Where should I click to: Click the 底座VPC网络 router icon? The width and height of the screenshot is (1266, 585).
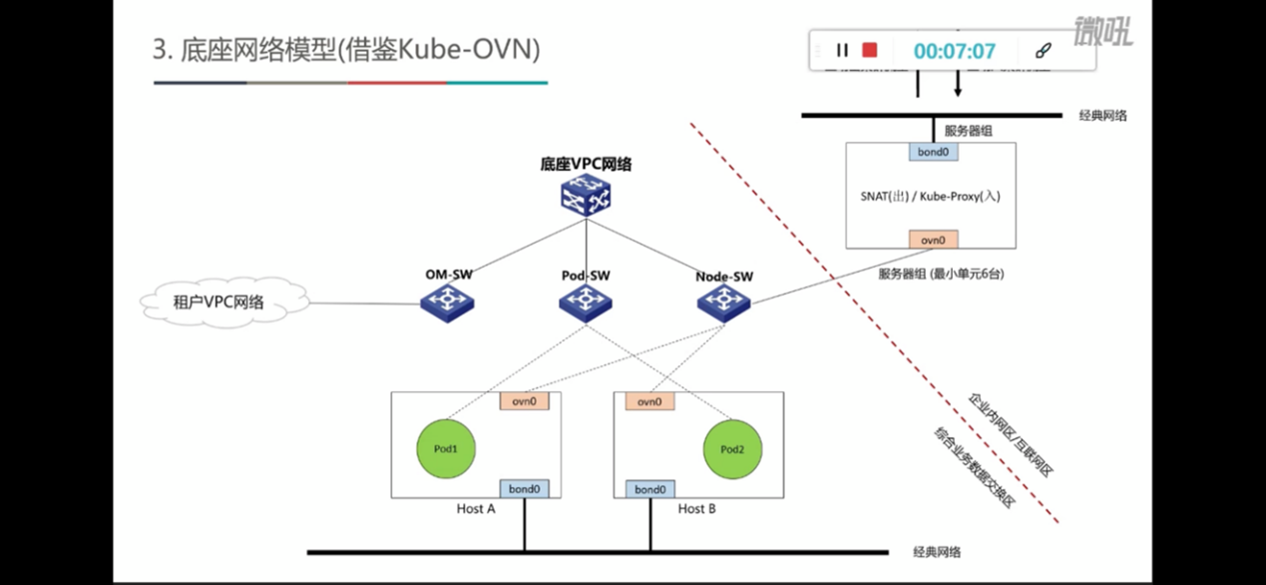586,196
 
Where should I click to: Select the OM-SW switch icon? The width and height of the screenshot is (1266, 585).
446,303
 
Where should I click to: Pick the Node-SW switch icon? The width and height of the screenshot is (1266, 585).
724,303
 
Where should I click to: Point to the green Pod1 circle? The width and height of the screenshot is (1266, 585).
446,448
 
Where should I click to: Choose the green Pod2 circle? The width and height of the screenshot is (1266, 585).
732,448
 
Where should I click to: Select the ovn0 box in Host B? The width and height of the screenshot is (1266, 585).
649,401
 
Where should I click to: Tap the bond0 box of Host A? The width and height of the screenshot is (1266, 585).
524,488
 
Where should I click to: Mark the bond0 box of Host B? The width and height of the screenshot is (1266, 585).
649,489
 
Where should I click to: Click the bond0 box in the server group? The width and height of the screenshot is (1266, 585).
933,152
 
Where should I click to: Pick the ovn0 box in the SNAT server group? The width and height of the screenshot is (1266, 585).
933,239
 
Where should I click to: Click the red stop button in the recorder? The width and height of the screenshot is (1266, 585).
870,50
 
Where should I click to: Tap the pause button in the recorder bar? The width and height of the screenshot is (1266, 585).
842,50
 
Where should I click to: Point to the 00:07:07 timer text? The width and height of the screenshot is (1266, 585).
954,51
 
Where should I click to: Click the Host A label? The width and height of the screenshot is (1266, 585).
476,509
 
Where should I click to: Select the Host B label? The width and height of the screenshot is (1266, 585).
697,509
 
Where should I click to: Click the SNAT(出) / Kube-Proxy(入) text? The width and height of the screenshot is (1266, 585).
930,197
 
